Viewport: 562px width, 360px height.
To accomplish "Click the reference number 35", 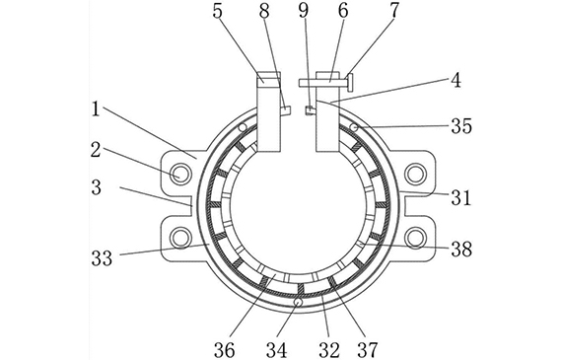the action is [x=461, y=126].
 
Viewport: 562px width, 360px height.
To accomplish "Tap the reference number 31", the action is [x=460, y=197].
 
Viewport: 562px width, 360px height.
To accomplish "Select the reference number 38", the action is [x=461, y=249].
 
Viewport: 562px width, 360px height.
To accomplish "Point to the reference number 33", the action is [x=102, y=257].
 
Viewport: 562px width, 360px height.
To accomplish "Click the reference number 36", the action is [x=225, y=349].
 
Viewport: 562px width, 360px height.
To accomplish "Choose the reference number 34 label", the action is [x=276, y=349].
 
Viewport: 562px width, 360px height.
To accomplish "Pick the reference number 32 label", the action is [x=329, y=349].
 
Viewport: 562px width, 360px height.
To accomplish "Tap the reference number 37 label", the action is [x=368, y=349].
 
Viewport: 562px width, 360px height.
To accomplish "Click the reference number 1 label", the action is [x=95, y=109].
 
